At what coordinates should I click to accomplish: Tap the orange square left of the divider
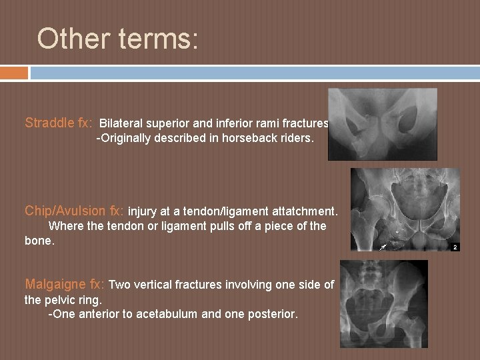pyautogui.click(x=14, y=73)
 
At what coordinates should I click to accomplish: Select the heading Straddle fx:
pyautogui.click(x=59, y=123)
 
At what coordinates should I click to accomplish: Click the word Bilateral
pyautogui.click(x=121, y=123)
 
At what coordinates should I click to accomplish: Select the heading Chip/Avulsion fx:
pyautogui.click(x=74, y=211)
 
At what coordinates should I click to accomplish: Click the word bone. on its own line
pyautogui.click(x=39, y=240)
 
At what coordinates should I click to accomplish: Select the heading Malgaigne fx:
pyautogui.click(x=64, y=285)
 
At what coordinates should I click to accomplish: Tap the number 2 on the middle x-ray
pyautogui.click(x=455, y=247)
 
